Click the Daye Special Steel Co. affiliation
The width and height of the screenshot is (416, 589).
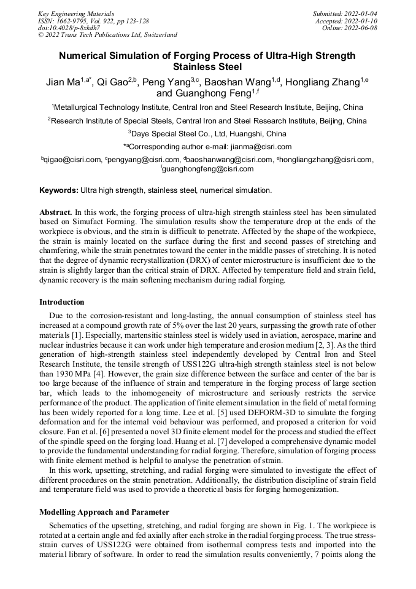(207, 133)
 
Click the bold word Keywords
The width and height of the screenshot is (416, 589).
(58, 191)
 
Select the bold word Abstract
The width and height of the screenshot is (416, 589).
(56, 211)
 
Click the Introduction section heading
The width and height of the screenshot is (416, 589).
(62, 302)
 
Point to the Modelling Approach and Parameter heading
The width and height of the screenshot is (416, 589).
(104, 512)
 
